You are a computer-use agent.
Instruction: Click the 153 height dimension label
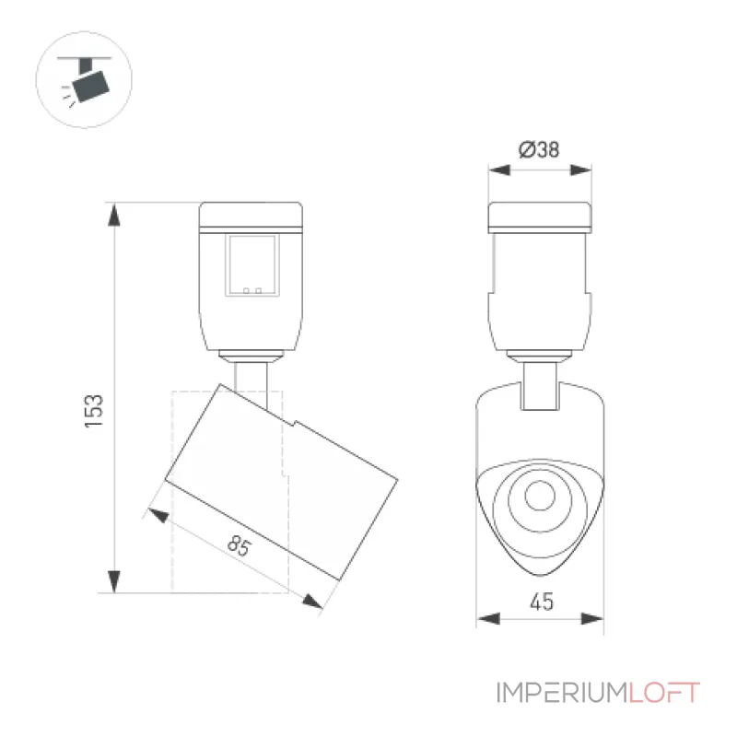point(94,411)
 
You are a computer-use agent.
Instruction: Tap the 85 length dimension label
point(240,545)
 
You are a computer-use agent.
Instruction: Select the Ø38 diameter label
point(539,149)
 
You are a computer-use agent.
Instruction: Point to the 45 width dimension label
point(542,602)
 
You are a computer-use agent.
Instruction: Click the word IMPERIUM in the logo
point(562,693)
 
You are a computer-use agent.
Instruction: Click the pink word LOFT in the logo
point(664,693)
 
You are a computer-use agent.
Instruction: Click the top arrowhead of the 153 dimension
point(114,215)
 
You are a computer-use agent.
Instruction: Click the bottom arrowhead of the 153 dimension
point(114,582)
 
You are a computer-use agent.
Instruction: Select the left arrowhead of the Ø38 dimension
point(499,170)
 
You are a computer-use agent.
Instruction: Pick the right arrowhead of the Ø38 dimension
point(580,170)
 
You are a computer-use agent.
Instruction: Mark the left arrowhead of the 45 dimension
point(488,618)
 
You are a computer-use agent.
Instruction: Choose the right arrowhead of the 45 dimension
point(592,618)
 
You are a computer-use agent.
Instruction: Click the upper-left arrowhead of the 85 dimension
point(158,515)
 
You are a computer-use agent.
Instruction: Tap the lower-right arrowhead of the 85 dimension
point(312,602)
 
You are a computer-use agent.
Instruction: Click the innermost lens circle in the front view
point(540,496)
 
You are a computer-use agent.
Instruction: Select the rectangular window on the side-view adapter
point(252,265)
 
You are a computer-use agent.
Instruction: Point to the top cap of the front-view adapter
point(540,217)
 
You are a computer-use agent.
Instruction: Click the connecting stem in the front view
point(540,385)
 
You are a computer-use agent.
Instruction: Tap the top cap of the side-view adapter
point(251,216)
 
